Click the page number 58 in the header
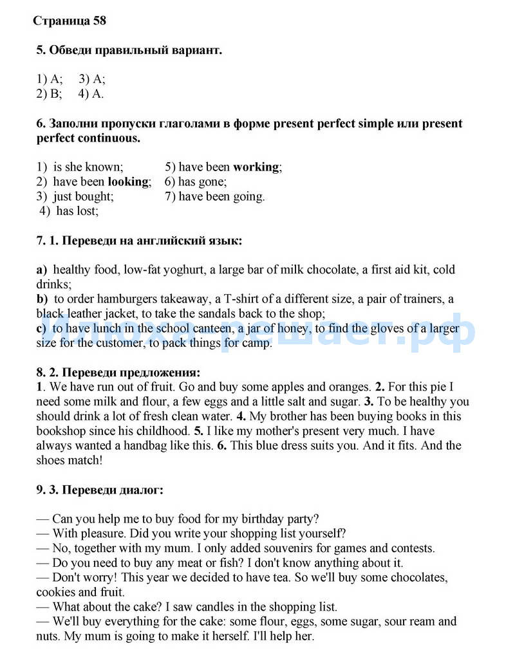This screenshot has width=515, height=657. click(99, 21)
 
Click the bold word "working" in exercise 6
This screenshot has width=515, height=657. click(256, 167)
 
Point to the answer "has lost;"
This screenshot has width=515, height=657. click(77, 210)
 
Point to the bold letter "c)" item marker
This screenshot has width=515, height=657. click(42, 329)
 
